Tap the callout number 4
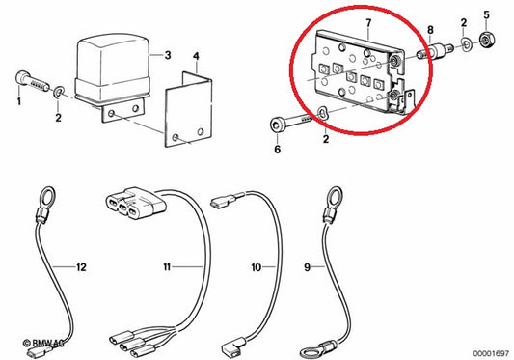[x=197, y=55]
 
